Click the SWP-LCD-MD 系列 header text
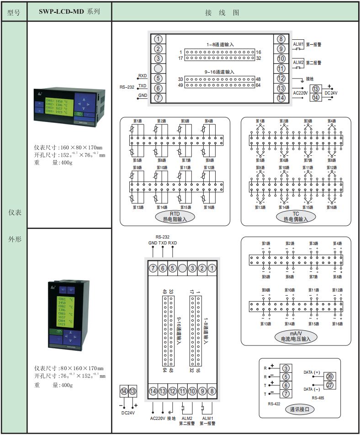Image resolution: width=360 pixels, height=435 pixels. click(x=70, y=12)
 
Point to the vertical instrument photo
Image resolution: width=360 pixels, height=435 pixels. click(x=69, y=317)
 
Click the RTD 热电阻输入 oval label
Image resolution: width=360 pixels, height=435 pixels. click(x=175, y=217)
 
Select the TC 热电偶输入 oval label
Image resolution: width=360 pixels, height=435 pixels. click(x=296, y=217)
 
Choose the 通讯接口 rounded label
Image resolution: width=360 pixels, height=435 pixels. click(x=299, y=409)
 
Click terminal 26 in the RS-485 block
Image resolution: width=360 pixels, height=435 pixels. click(x=329, y=376)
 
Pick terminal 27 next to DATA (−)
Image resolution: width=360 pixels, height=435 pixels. click(x=329, y=385)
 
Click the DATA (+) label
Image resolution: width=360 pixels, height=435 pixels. click(x=312, y=372)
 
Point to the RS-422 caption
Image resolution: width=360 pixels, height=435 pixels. click(x=274, y=404)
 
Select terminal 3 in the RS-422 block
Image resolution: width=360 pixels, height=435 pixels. click(x=286, y=368)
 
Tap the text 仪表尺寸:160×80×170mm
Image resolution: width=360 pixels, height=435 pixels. click(x=68, y=148)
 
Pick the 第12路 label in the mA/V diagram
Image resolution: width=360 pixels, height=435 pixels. click(x=337, y=290)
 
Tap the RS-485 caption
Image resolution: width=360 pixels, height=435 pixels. click(x=318, y=398)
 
